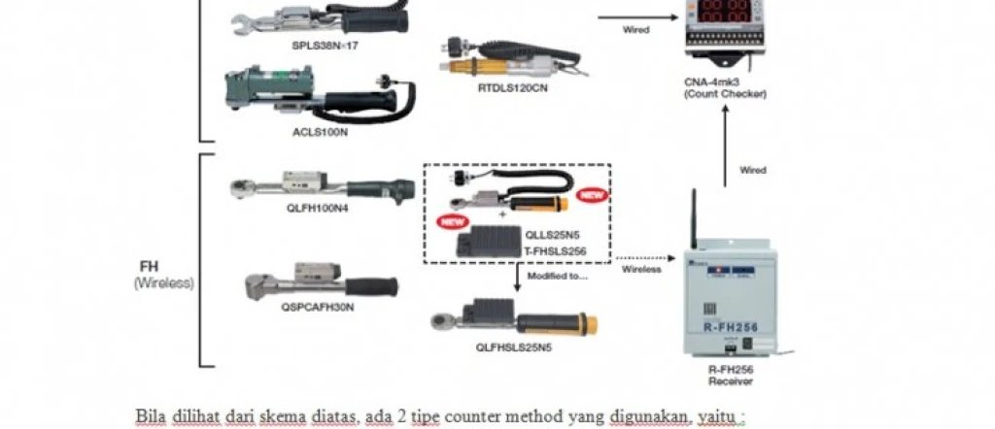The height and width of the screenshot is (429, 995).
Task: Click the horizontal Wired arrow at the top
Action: coord(636,17)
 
